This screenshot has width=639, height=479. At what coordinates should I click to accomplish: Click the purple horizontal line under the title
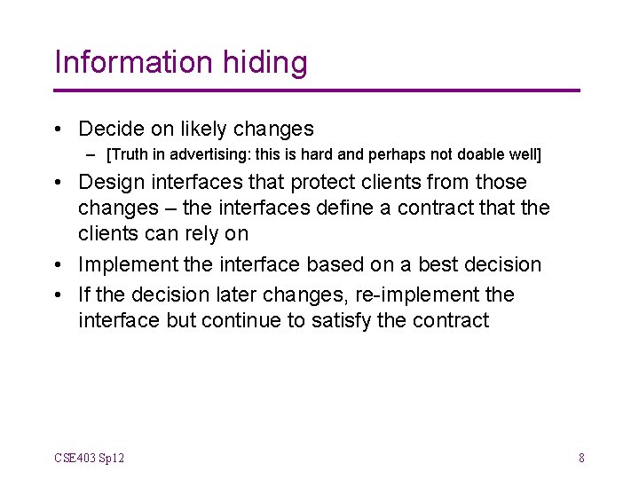click(317, 90)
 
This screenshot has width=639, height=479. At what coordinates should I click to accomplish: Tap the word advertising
click(207, 154)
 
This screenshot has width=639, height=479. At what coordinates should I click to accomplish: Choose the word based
click(336, 265)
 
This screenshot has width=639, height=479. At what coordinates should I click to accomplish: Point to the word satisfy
click(342, 321)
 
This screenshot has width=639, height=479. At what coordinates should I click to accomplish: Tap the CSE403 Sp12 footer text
click(89, 459)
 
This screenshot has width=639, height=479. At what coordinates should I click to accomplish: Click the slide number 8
click(581, 459)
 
